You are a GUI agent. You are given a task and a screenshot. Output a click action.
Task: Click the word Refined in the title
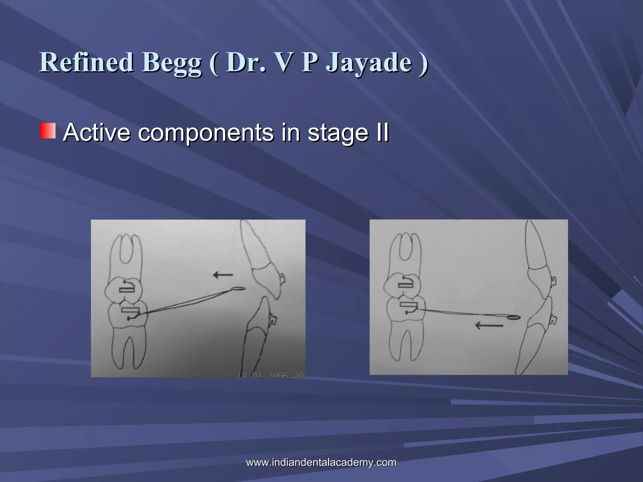[86, 62]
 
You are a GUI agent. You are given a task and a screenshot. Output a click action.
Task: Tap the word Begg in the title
[172, 63]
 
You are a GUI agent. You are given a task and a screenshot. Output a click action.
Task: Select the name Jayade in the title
[369, 63]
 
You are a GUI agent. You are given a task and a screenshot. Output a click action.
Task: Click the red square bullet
[48, 131]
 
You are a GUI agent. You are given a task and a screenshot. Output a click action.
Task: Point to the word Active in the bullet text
[96, 132]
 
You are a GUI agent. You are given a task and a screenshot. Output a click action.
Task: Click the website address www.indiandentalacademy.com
[321, 462]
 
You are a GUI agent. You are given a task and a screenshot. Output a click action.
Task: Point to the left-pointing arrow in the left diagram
[223, 275]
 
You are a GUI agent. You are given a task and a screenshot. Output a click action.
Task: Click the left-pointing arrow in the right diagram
[489, 325]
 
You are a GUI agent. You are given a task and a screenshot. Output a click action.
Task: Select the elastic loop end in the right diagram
[514, 318]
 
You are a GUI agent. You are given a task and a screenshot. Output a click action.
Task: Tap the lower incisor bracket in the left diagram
[273, 320]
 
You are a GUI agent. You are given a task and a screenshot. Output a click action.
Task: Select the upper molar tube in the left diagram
[127, 289]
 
